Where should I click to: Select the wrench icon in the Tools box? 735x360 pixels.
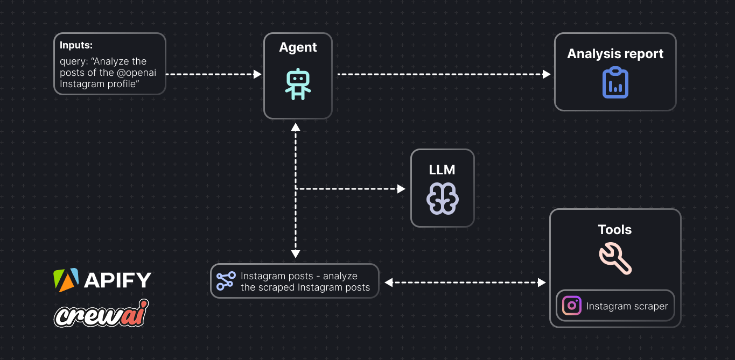[615, 258]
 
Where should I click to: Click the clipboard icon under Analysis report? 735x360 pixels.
[615, 82]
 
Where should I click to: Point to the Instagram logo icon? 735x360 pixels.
[572, 306]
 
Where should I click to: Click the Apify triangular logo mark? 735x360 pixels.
[66, 280]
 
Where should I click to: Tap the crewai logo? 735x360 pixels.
[101, 313]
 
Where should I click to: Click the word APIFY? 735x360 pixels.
[117, 280]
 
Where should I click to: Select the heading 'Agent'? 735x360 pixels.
[298, 47]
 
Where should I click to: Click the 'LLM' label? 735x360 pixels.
[442, 170]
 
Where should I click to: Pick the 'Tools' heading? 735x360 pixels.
[615, 230]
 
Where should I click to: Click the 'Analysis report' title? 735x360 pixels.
[615, 54]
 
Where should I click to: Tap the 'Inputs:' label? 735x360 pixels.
[76, 45]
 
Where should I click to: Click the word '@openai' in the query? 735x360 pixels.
[135, 73]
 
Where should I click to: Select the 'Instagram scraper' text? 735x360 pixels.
[627, 306]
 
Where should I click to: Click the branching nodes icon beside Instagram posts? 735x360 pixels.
[226, 280]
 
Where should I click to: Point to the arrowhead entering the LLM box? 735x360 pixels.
[401, 189]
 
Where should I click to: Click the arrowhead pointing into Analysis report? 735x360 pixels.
[547, 74]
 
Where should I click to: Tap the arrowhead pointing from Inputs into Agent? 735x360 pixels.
[257, 74]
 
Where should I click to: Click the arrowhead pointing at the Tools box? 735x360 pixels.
[542, 283]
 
